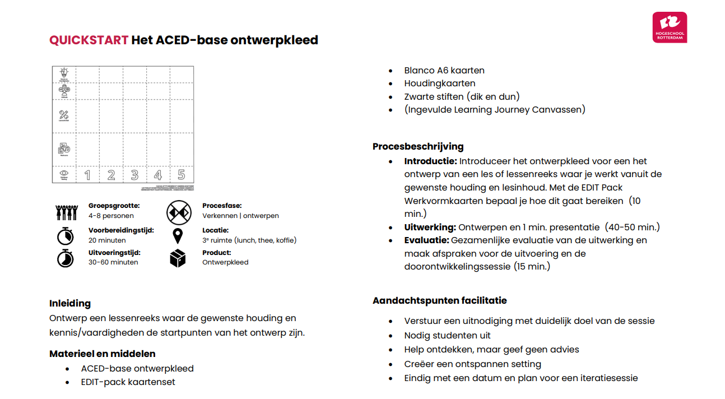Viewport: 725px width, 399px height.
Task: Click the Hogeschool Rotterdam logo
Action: [670, 27]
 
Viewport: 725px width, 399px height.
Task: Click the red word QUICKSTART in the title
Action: [89, 40]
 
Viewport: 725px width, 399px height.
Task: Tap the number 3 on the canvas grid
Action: [134, 175]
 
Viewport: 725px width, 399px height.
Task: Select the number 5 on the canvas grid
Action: [181, 175]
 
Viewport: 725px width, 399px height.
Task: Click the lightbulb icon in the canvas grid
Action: [64, 73]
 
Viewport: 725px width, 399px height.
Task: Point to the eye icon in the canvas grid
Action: [64, 174]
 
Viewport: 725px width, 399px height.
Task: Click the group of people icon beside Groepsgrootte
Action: [66, 212]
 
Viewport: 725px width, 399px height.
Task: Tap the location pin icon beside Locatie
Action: [178, 235]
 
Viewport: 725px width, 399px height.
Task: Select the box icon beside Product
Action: [178, 258]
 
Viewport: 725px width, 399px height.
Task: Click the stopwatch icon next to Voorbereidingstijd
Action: [65, 235]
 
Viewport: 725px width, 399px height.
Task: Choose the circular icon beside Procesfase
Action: [179, 212]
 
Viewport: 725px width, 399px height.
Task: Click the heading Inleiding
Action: [70, 304]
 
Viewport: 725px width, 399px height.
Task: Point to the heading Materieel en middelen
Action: [103, 354]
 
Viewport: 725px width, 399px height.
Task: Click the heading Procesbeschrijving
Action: [418, 147]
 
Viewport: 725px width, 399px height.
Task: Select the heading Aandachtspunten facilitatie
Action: [439, 301]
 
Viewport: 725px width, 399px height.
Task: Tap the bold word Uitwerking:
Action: [430, 228]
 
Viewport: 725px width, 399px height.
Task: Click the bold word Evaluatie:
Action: [426, 240]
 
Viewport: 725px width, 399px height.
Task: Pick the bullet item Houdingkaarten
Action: [440, 83]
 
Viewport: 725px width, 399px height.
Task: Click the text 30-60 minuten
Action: [113, 262]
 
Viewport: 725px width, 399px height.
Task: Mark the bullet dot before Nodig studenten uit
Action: [391, 336]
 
